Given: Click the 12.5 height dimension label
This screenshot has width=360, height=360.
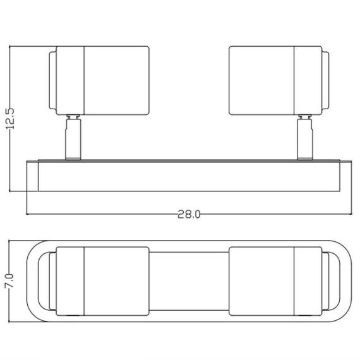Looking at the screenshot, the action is pyautogui.click(x=10, y=119).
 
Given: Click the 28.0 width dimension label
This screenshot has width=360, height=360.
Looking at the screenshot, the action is pyautogui.click(x=189, y=215).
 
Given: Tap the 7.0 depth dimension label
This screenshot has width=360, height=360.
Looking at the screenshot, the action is pyautogui.click(x=9, y=280).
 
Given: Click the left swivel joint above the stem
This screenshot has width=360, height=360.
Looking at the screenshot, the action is pyautogui.click(x=73, y=117).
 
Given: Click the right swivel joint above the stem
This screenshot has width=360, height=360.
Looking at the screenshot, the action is pyautogui.click(x=305, y=117).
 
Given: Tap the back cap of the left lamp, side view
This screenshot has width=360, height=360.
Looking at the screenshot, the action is pyautogui.click(x=52, y=80).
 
